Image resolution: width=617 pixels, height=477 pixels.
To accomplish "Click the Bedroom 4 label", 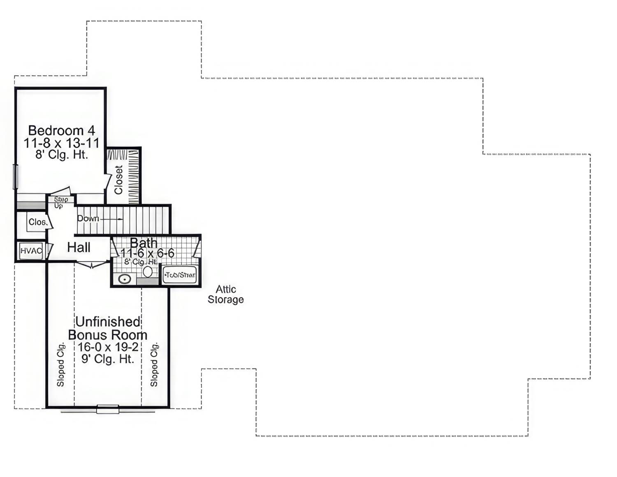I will [62, 130].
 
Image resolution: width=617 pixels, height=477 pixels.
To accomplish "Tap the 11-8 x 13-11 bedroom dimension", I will [62, 143].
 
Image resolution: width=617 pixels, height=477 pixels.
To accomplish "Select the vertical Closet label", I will [118, 180].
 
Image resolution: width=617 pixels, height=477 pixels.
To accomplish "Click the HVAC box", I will [31, 250].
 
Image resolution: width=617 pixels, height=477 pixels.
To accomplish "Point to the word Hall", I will [79, 248].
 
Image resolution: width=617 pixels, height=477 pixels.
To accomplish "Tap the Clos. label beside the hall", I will [37, 222].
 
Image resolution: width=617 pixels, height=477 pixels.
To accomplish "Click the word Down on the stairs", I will [88, 218].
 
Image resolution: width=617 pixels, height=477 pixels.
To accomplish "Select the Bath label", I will [144, 243].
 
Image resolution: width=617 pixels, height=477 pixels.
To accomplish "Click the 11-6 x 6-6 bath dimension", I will [147, 253].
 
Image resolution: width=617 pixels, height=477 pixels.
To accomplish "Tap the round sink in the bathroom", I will [124, 279].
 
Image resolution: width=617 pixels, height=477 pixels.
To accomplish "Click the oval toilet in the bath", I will [148, 271].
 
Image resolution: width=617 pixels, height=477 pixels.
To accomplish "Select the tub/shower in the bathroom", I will [180, 275].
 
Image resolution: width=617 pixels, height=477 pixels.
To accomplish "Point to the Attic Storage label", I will [225, 294].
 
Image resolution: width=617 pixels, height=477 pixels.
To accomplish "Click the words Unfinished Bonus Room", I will [108, 328].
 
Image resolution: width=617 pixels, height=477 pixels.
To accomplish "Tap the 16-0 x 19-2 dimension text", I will [108, 347].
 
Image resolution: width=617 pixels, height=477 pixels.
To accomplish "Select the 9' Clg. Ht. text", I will [108, 359].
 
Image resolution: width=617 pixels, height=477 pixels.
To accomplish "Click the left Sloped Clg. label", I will [61, 364].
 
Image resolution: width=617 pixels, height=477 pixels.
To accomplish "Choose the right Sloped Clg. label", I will [154, 364].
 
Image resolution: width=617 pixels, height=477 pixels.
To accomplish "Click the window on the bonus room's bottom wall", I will [108, 409].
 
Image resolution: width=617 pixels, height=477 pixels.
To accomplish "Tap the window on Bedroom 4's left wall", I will [16, 177].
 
